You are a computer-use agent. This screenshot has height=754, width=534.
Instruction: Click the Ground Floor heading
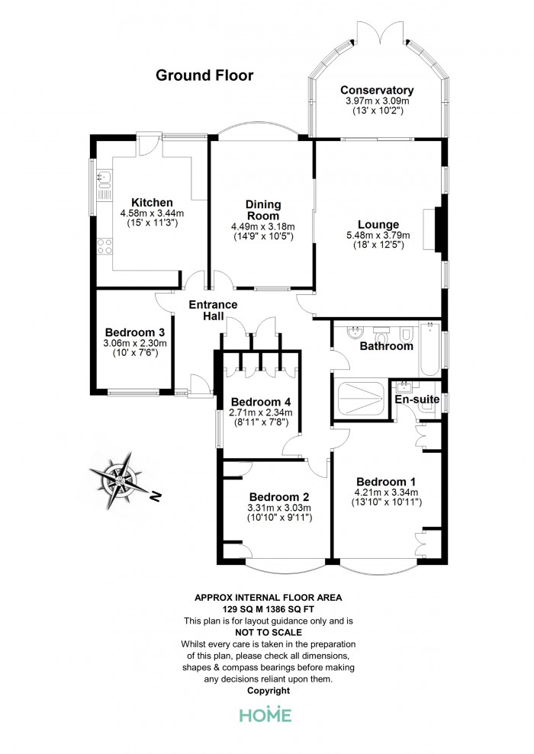point(204,75)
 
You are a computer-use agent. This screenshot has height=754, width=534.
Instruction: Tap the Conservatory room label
point(377,90)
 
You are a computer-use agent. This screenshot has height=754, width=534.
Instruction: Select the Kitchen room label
point(152,203)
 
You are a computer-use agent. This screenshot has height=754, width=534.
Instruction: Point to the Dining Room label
point(262,210)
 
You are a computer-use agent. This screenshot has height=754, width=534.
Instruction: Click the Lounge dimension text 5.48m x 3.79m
point(378,235)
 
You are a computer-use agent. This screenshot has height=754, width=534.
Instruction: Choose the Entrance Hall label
point(213,310)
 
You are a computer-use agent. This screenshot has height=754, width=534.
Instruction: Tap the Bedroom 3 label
point(135,332)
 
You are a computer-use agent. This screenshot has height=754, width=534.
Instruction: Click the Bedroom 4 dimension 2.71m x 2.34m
point(261,412)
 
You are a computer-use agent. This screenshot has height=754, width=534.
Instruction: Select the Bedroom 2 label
point(279,497)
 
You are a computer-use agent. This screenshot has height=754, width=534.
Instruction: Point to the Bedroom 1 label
point(386,482)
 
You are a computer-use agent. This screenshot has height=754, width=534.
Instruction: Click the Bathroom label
point(386,346)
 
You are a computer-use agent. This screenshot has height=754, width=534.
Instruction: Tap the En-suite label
point(417,399)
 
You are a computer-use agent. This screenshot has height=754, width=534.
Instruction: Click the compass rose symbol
point(121,480)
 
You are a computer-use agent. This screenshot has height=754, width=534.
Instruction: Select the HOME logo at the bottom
point(265,715)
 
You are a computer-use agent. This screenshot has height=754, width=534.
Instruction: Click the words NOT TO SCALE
point(269,632)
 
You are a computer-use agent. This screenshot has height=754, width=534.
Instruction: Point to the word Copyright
point(269,691)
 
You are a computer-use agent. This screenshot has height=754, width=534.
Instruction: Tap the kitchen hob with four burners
point(105,246)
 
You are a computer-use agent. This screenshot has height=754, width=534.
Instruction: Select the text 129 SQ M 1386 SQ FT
point(268,609)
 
